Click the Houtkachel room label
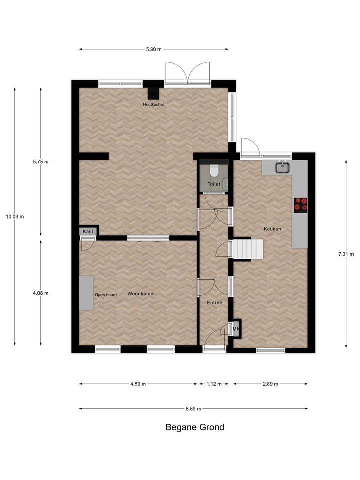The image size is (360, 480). point(153,104)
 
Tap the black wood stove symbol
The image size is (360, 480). point(153,93)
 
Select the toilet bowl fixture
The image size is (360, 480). point(214,171)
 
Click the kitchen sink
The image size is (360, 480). point(283,167)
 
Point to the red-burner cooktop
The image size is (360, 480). point(300,205)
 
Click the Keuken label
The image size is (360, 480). point(272,229)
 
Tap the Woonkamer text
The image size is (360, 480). point(141,294)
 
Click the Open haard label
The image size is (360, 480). point(106,295)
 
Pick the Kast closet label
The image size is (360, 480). point(88,231)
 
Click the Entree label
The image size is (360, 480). point(214,303)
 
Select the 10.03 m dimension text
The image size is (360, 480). point(15,216)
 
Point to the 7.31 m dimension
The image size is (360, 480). point(346,254)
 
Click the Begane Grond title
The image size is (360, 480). point(195,427)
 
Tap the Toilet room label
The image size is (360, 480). point(214,184)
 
